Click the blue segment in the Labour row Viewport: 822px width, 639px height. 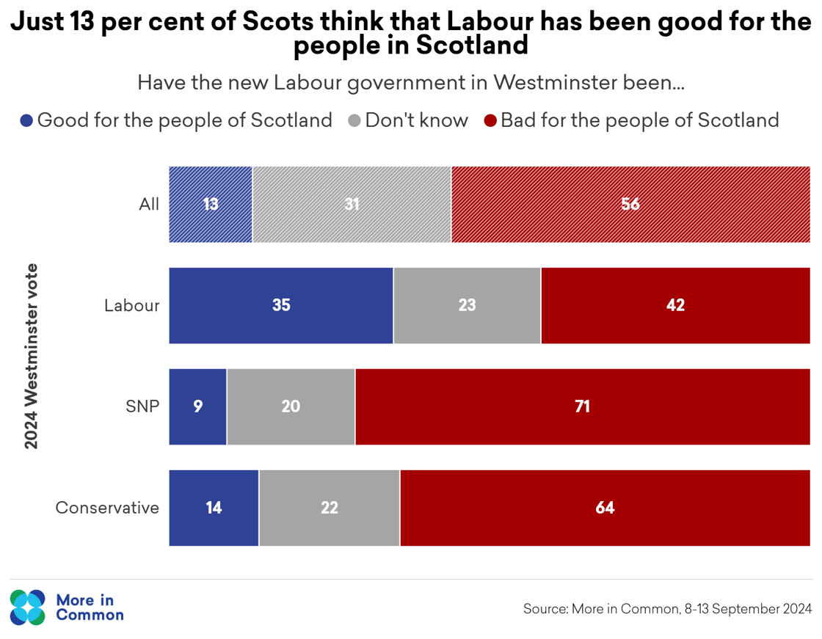(x=281, y=305)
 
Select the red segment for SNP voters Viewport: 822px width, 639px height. (x=582, y=406)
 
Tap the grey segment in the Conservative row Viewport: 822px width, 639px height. (x=330, y=508)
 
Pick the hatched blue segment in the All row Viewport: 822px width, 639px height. (x=211, y=204)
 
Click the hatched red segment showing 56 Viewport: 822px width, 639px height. (x=630, y=204)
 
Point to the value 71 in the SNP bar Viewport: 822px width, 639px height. (x=582, y=406)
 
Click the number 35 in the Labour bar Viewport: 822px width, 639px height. (x=281, y=305)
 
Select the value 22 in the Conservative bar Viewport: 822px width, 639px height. (x=330, y=508)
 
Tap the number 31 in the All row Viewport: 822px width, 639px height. (x=352, y=204)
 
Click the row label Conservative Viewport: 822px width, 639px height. (x=108, y=508)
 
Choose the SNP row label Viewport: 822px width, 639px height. (x=142, y=406)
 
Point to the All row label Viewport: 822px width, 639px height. (x=149, y=204)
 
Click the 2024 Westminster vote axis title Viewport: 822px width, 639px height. (x=31, y=356)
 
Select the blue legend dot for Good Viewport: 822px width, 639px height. (x=27, y=121)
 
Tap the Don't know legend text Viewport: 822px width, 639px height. (x=416, y=120)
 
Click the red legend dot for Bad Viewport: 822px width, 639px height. (x=491, y=121)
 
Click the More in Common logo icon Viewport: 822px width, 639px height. (x=28, y=607)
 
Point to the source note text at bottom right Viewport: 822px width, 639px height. (x=667, y=608)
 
